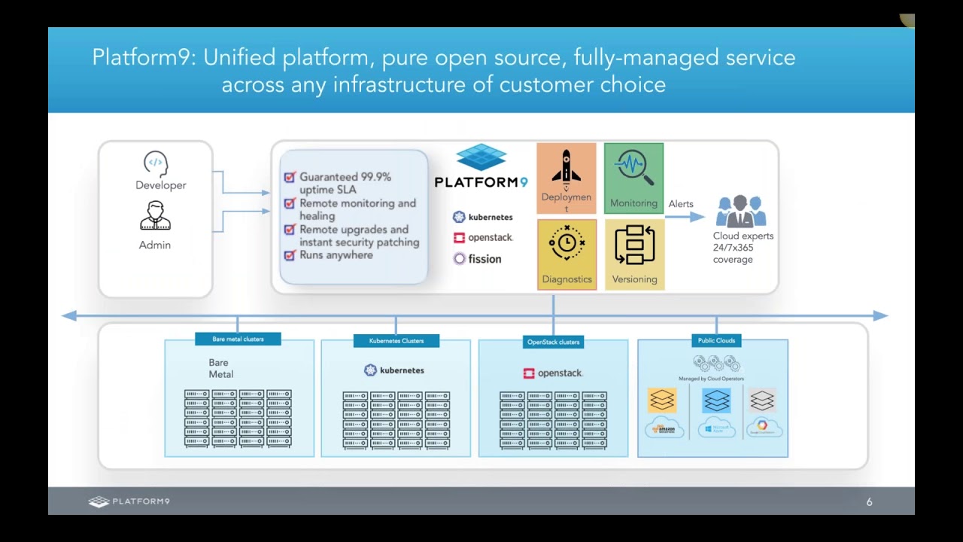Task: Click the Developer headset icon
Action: tap(155, 163)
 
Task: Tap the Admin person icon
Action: tap(155, 216)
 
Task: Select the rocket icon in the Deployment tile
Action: tap(566, 166)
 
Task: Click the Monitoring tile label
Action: tap(633, 203)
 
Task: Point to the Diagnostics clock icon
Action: tap(567, 243)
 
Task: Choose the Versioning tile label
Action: tap(634, 279)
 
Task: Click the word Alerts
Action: tap(681, 204)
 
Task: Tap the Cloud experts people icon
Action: tap(740, 212)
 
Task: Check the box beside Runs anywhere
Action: tap(289, 255)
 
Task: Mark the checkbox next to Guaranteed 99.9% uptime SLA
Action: tap(289, 177)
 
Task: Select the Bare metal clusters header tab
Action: tap(238, 340)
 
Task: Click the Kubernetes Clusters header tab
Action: tap(396, 341)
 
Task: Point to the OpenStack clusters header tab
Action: tap(553, 343)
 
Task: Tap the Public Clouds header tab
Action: tap(716, 341)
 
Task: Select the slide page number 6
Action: tap(869, 502)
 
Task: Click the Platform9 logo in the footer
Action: tap(129, 502)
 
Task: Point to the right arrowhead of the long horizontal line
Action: tap(881, 316)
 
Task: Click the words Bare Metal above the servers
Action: tap(221, 369)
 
